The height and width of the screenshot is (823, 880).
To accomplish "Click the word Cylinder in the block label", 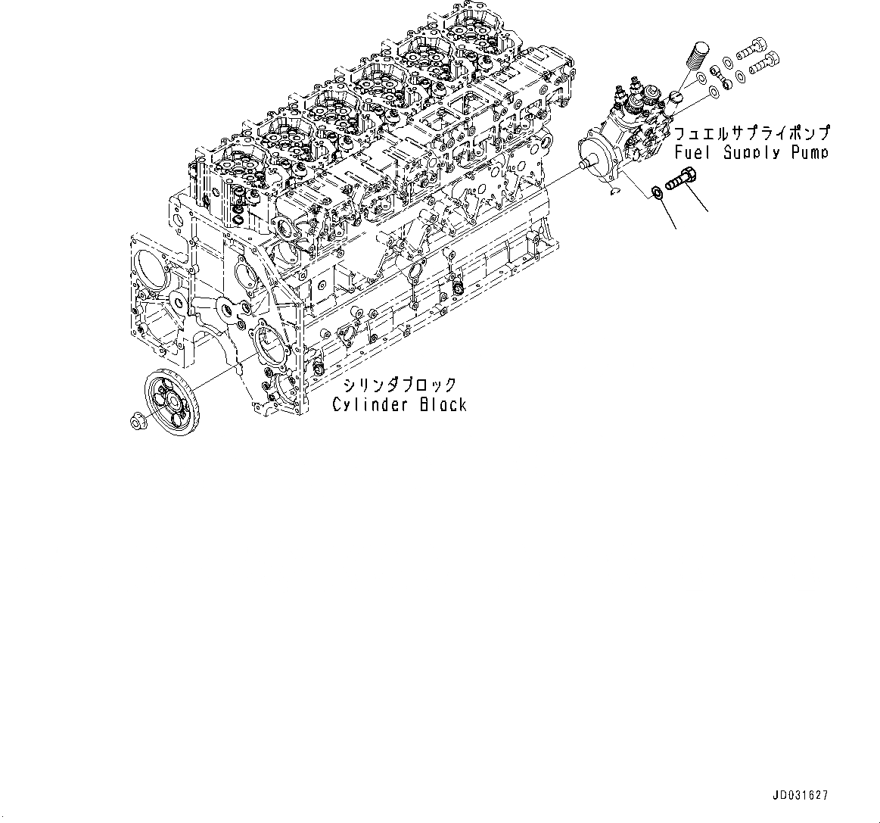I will point(369,405).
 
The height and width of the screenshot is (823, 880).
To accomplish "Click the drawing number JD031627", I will point(801,796).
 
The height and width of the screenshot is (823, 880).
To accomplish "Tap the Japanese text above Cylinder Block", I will point(400,385).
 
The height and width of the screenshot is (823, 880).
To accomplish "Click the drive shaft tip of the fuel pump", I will point(583,163).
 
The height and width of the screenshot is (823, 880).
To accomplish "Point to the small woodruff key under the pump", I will point(614,191).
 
